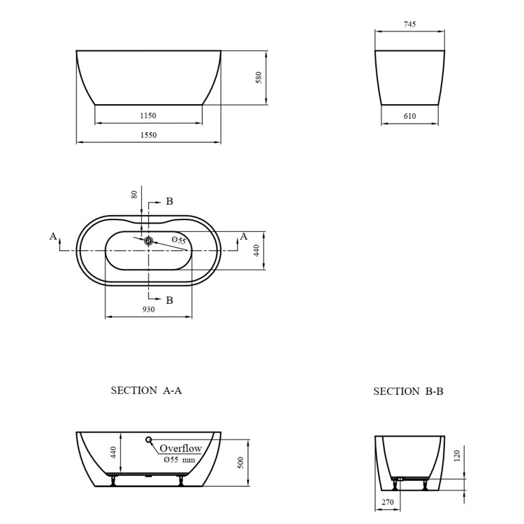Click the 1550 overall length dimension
pyautogui.click(x=148, y=135)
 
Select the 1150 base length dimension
pyautogui.click(x=148, y=115)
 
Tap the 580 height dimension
pyautogui.click(x=258, y=78)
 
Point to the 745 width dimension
pyautogui.click(x=410, y=24)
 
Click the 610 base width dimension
pyautogui.click(x=410, y=116)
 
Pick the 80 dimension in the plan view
pyautogui.click(x=135, y=195)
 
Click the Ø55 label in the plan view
pyautogui.click(x=179, y=240)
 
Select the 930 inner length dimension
pyautogui.click(x=148, y=309)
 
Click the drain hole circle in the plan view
pyautogui.click(x=148, y=240)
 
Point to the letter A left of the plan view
pyautogui.click(x=53, y=236)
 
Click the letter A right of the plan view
pyautogui.click(x=243, y=236)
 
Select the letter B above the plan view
pyautogui.click(x=169, y=201)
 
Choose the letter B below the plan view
pyautogui.click(x=169, y=300)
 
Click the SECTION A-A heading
pyautogui.click(x=147, y=391)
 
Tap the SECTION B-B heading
pyautogui.click(x=409, y=391)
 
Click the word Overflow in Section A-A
pyautogui.click(x=180, y=449)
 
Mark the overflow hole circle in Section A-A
pyautogui.click(x=148, y=439)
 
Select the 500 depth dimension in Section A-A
pyautogui.click(x=241, y=463)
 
